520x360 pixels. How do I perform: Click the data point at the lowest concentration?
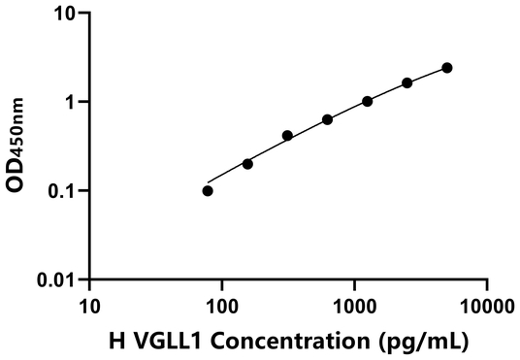click(x=208, y=191)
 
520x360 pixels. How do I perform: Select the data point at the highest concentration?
click(x=447, y=68)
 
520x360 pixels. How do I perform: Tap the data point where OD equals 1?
click(x=368, y=101)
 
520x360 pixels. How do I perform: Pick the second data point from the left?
click(x=247, y=164)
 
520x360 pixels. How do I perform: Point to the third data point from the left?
click(x=288, y=136)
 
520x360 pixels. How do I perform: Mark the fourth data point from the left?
click(x=328, y=119)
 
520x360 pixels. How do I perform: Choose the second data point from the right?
click(x=407, y=83)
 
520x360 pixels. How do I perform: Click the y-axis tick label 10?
click(x=66, y=14)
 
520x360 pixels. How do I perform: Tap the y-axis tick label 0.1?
click(x=63, y=191)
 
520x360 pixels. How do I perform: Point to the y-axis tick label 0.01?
click(x=58, y=280)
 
